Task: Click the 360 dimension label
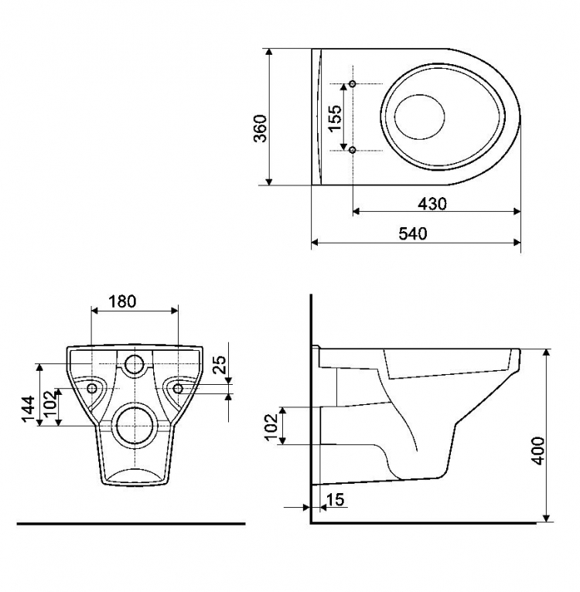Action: click(x=260, y=128)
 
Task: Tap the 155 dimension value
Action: click(x=335, y=117)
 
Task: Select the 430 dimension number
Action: click(x=432, y=204)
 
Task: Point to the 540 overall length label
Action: click(x=413, y=233)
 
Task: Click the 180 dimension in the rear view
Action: click(x=122, y=301)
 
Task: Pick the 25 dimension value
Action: click(x=220, y=364)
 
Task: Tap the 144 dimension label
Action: click(x=29, y=410)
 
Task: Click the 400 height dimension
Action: click(x=538, y=451)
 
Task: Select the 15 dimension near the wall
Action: click(x=335, y=499)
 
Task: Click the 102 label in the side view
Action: click(x=271, y=427)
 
